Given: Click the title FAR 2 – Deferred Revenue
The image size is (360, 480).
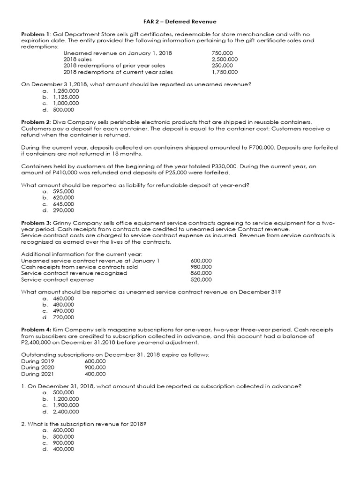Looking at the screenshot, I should coord(180,22).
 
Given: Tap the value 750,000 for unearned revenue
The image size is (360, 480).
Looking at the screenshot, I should coord(222,53).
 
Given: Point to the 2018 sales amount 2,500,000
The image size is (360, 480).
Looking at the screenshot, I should coord(225,60).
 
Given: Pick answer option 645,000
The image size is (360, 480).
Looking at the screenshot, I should coord(63,204).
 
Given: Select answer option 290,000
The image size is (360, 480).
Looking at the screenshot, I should coord(63,210).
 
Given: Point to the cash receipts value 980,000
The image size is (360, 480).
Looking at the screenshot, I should coord(201,267).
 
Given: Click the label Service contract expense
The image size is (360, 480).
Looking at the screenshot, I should coord(58,279).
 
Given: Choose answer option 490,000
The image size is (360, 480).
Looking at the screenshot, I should coord(63,311).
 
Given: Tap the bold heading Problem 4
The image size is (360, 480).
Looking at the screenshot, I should coord(36,330).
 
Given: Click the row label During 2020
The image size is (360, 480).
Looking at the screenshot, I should coord(37,367).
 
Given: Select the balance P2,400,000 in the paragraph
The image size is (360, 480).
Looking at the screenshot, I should coord(42,342).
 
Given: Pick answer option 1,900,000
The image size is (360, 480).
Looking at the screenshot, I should coord(66,405).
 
